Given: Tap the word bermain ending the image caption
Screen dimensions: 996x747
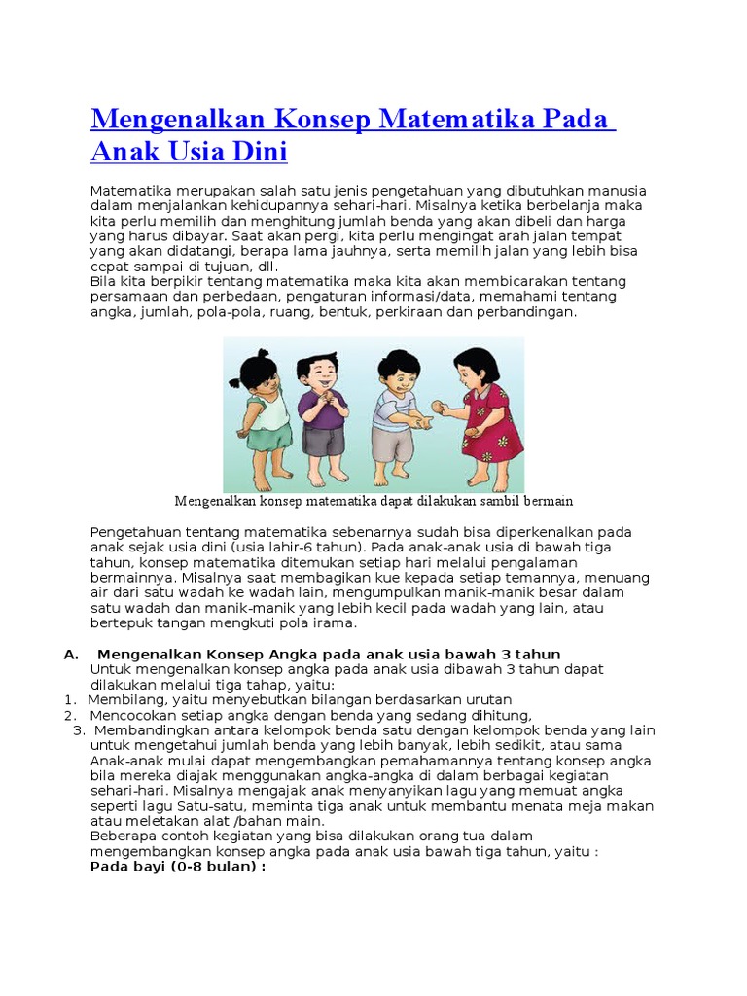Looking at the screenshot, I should click(x=548, y=502).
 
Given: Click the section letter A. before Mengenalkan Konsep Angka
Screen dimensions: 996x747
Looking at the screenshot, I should click(x=71, y=655).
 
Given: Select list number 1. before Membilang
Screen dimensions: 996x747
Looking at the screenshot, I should click(x=70, y=700).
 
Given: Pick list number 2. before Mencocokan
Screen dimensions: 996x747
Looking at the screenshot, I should click(x=70, y=716).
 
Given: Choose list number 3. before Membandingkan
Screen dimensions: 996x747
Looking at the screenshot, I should click(x=79, y=730).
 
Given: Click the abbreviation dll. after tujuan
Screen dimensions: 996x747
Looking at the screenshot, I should click(x=265, y=267).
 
